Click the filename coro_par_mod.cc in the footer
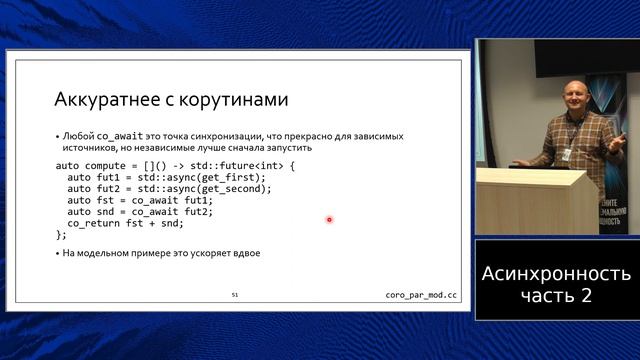tap(421, 296)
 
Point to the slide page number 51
tap(234, 296)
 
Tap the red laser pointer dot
tap(329, 220)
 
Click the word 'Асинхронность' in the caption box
tap(556, 273)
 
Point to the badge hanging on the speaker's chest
tap(567, 155)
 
